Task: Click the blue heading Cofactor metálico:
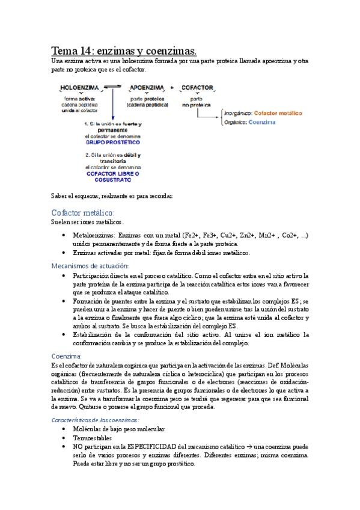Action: click(82, 213)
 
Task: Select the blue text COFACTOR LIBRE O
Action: click(112, 174)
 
